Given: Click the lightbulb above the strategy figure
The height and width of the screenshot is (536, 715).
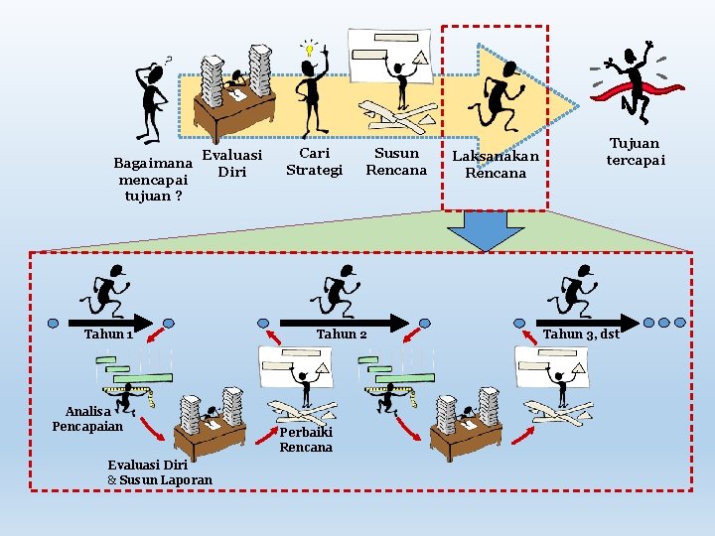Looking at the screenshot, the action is click(310, 48).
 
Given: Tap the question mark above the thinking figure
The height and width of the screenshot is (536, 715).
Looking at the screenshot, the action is click(168, 60).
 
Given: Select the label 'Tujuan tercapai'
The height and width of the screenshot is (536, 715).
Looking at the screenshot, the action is click(636, 151).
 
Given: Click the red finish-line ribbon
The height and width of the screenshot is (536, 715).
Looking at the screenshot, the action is click(637, 90).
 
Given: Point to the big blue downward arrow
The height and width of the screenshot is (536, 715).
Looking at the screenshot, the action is click(486, 230).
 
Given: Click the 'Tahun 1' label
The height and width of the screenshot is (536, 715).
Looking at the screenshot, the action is click(108, 335).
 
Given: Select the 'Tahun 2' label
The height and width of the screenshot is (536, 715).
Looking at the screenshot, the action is click(342, 335).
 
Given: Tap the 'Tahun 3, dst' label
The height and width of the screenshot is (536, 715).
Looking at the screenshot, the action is click(581, 335).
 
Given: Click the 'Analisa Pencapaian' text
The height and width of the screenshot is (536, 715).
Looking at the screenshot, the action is click(88, 419).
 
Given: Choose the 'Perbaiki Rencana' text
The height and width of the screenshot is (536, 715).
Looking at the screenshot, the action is click(306, 440).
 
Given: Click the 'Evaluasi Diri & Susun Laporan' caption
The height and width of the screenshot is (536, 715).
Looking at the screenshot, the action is click(160, 472).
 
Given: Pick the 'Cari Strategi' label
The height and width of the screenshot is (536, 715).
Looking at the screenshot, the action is click(314, 162).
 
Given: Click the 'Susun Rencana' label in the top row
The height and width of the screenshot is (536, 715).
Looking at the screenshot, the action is click(396, 162).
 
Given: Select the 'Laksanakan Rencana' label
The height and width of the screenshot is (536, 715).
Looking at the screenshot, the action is click(496, 164).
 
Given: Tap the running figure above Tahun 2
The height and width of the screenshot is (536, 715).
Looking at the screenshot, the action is click(336, 291).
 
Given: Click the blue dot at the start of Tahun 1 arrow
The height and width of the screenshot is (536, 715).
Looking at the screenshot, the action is click(54, 324).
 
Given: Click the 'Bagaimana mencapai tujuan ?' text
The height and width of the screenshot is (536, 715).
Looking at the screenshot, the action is click(153, 180).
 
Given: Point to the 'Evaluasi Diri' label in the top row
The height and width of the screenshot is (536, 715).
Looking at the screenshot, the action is click(232, 163).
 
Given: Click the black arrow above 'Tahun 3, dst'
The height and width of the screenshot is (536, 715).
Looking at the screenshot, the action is click(588, 324).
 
